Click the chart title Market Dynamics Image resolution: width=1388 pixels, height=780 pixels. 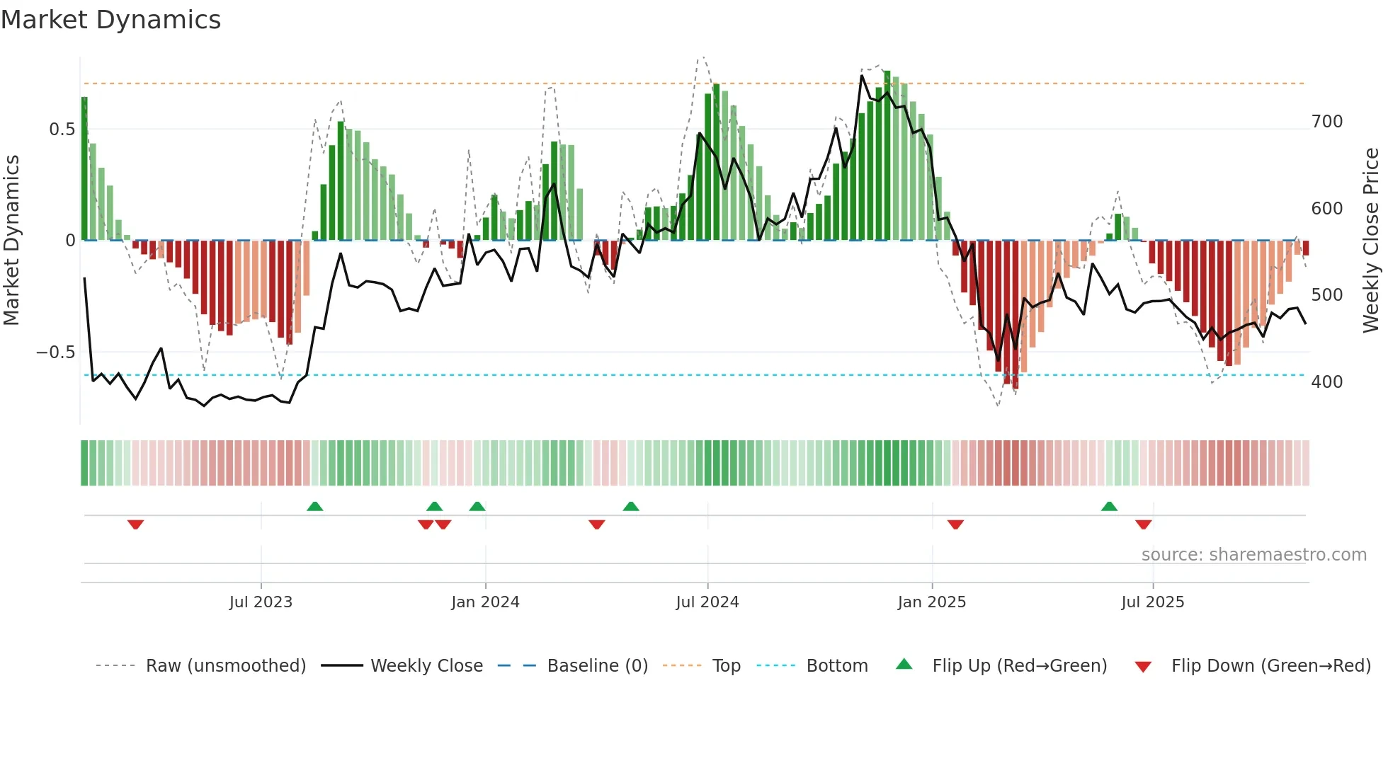111,20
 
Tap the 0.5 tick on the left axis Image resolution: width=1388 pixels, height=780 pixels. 62,130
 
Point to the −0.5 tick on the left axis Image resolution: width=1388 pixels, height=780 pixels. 55,352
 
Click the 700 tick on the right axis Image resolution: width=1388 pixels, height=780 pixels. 1326,122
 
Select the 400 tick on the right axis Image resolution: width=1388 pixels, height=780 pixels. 1326,382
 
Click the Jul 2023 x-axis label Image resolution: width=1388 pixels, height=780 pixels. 261,602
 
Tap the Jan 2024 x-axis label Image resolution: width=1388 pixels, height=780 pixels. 485,602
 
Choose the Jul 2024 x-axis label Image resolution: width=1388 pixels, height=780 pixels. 707,602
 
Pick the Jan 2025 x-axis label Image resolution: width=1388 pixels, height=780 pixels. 931,602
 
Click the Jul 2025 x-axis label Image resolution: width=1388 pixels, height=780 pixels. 1152,602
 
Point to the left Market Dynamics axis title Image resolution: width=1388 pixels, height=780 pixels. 11,241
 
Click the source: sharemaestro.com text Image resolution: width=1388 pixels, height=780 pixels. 1253,555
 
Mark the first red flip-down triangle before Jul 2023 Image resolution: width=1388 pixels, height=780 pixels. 135,524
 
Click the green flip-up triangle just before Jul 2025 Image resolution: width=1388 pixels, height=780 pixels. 1109,506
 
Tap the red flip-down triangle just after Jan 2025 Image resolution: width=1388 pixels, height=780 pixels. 955,524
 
